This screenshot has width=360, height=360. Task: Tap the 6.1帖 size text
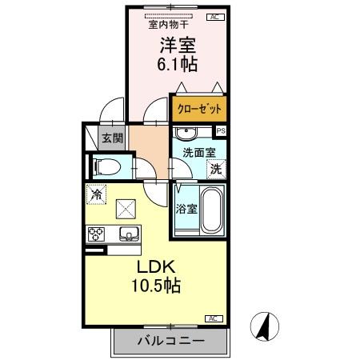(177, 64)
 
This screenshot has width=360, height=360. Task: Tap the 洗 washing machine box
(215, 168)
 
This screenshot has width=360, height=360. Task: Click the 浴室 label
(184, 210)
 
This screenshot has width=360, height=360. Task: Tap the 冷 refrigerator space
(97, 194)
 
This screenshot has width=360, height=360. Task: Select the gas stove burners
(98, 234)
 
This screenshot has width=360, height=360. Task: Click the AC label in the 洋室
(215, 16)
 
